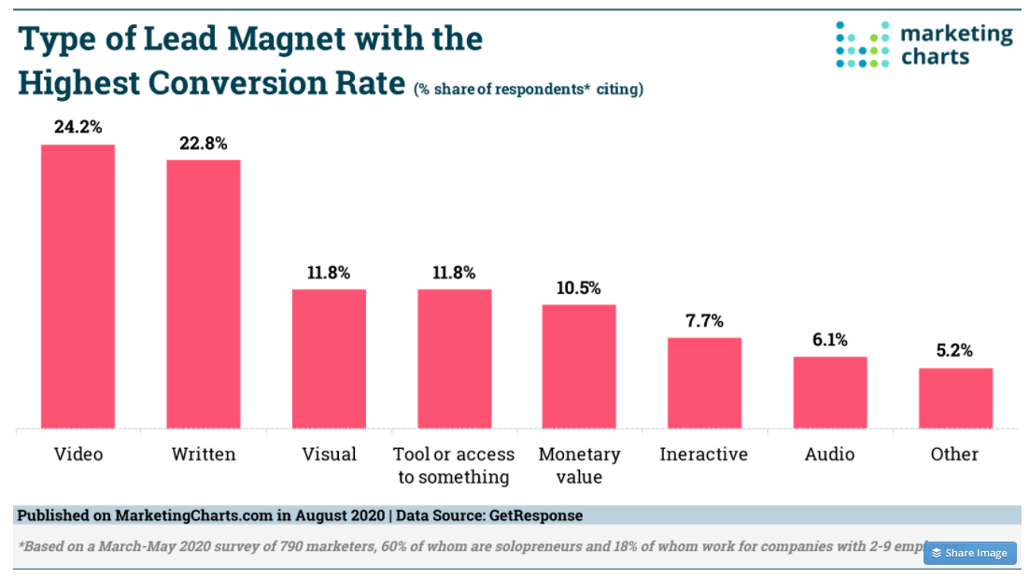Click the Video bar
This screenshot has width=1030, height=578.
coord(78,287)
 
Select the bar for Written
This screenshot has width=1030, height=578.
coord(204,294)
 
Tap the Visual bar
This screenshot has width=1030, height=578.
coord(329,359)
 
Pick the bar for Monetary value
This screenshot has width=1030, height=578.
coord(579,366)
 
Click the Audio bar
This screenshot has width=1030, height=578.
coord(830,392)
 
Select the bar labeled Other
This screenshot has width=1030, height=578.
coord(955,398)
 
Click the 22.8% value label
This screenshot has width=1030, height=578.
coord(204,143)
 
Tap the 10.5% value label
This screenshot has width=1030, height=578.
coord(579,288)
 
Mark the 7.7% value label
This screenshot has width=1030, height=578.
coord(704,321)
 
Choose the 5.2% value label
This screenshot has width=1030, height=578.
coord(955,351)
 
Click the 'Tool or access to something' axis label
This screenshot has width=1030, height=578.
coord(454,465)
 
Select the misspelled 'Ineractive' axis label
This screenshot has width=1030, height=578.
coord(703,455)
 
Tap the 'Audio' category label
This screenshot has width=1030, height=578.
coord(829,455)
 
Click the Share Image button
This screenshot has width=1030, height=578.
coord(969,553)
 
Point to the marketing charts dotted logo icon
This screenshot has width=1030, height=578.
coord(861,44)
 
